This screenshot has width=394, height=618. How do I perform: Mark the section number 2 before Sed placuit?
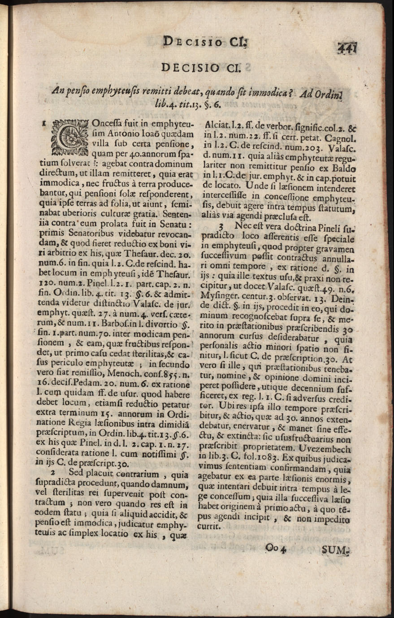point(53,473)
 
